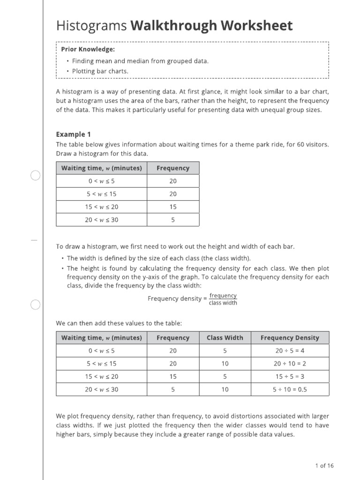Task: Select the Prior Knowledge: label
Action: tap(88, 49)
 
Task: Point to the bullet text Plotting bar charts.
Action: tap(100, 71)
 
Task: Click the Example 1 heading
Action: tap(73, 134)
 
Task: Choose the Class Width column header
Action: tap(225, 337)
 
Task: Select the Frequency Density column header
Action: tap(290, 337)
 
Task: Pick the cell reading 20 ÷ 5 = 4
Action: tap(290, 351)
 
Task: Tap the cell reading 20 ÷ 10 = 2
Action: tap(290, 363)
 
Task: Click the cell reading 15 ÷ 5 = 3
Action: tap(290, 376)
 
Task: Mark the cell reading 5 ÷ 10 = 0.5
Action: tap(290, 390)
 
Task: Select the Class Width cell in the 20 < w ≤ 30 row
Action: tap(225, 390)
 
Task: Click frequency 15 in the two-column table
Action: tap(173, 207)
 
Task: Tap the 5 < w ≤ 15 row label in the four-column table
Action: tap(102, 363)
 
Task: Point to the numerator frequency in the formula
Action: tap(223, 295)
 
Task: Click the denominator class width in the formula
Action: tap(223, 303)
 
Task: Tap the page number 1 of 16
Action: tap(324, 465)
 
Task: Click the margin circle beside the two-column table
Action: tap(36, 175)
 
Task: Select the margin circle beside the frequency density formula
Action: tap(36, 305)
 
